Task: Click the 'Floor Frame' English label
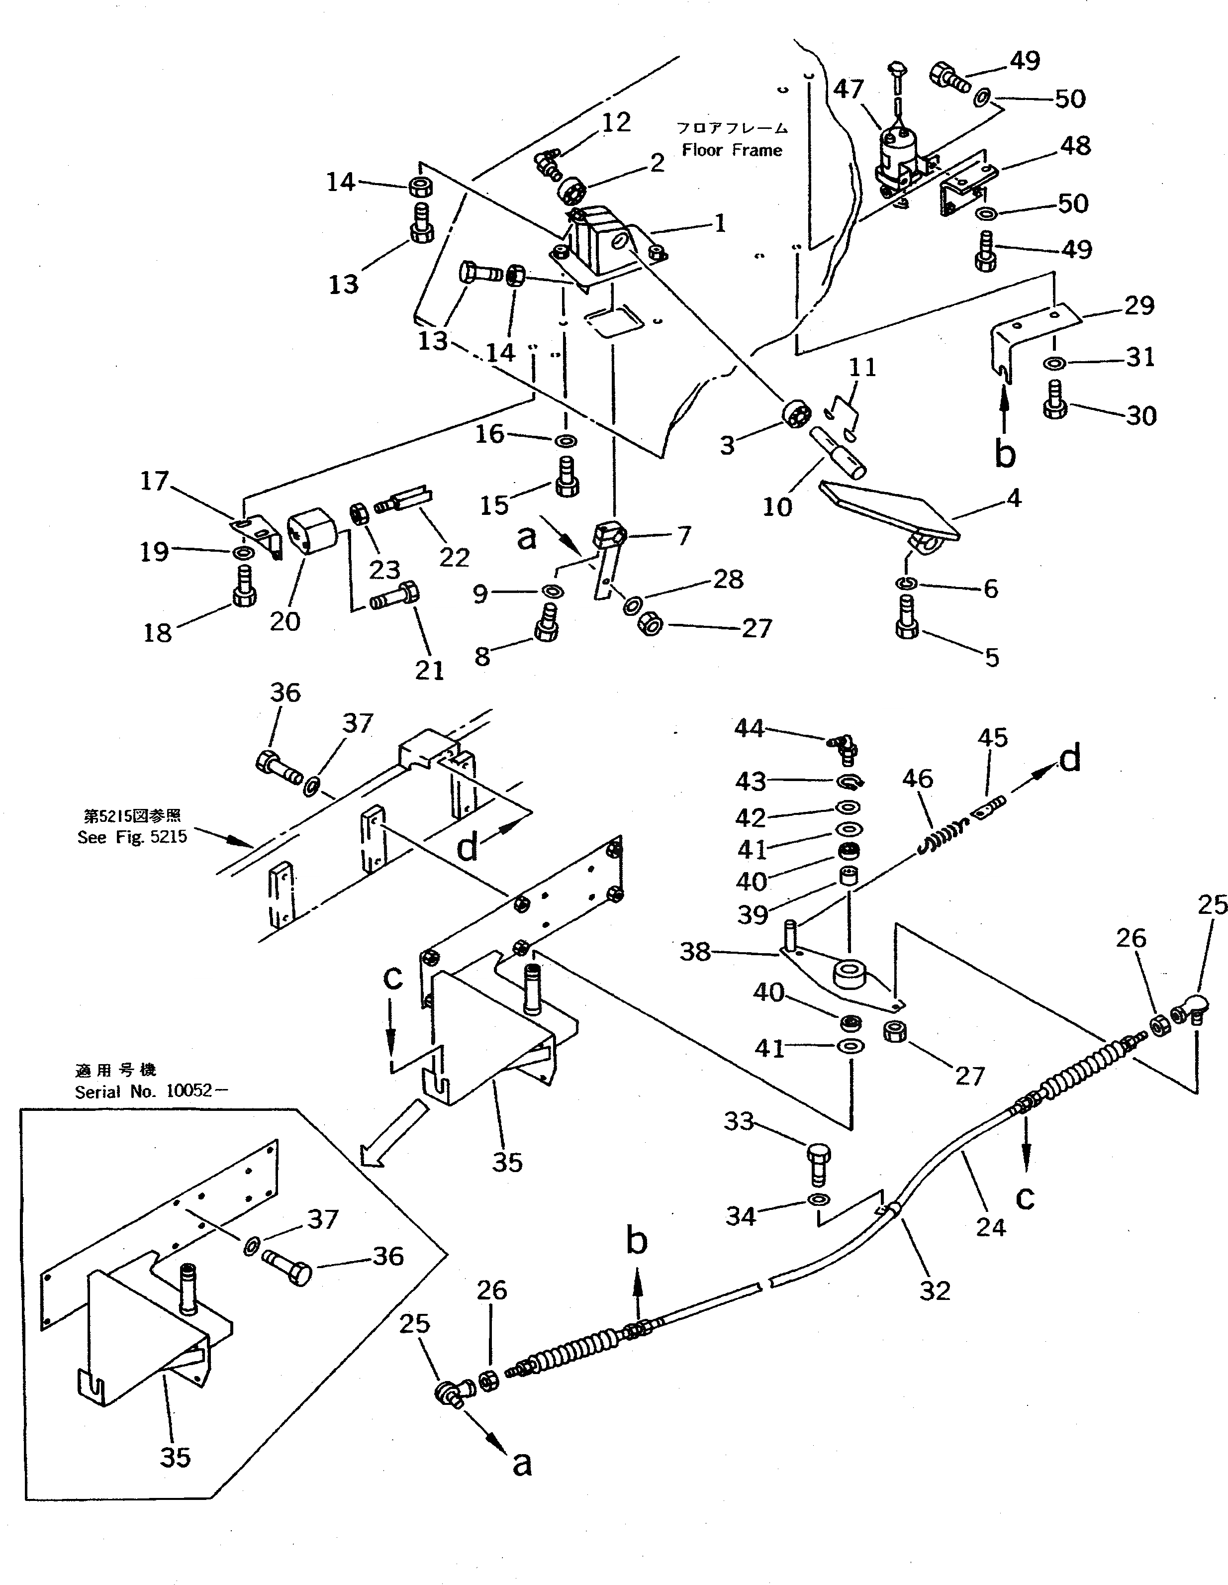(x=732, y=150)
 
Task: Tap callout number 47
(x=848, y=89)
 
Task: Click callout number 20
(x=284, y=621)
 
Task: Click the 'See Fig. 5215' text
(x=132, y=837)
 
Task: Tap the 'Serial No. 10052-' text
(x=144, y=1091)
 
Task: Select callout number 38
(x=694, y=951)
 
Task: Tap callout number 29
(x=1139, y=305)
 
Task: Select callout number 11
(x=862, y=367)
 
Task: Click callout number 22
(x=454, y=557)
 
